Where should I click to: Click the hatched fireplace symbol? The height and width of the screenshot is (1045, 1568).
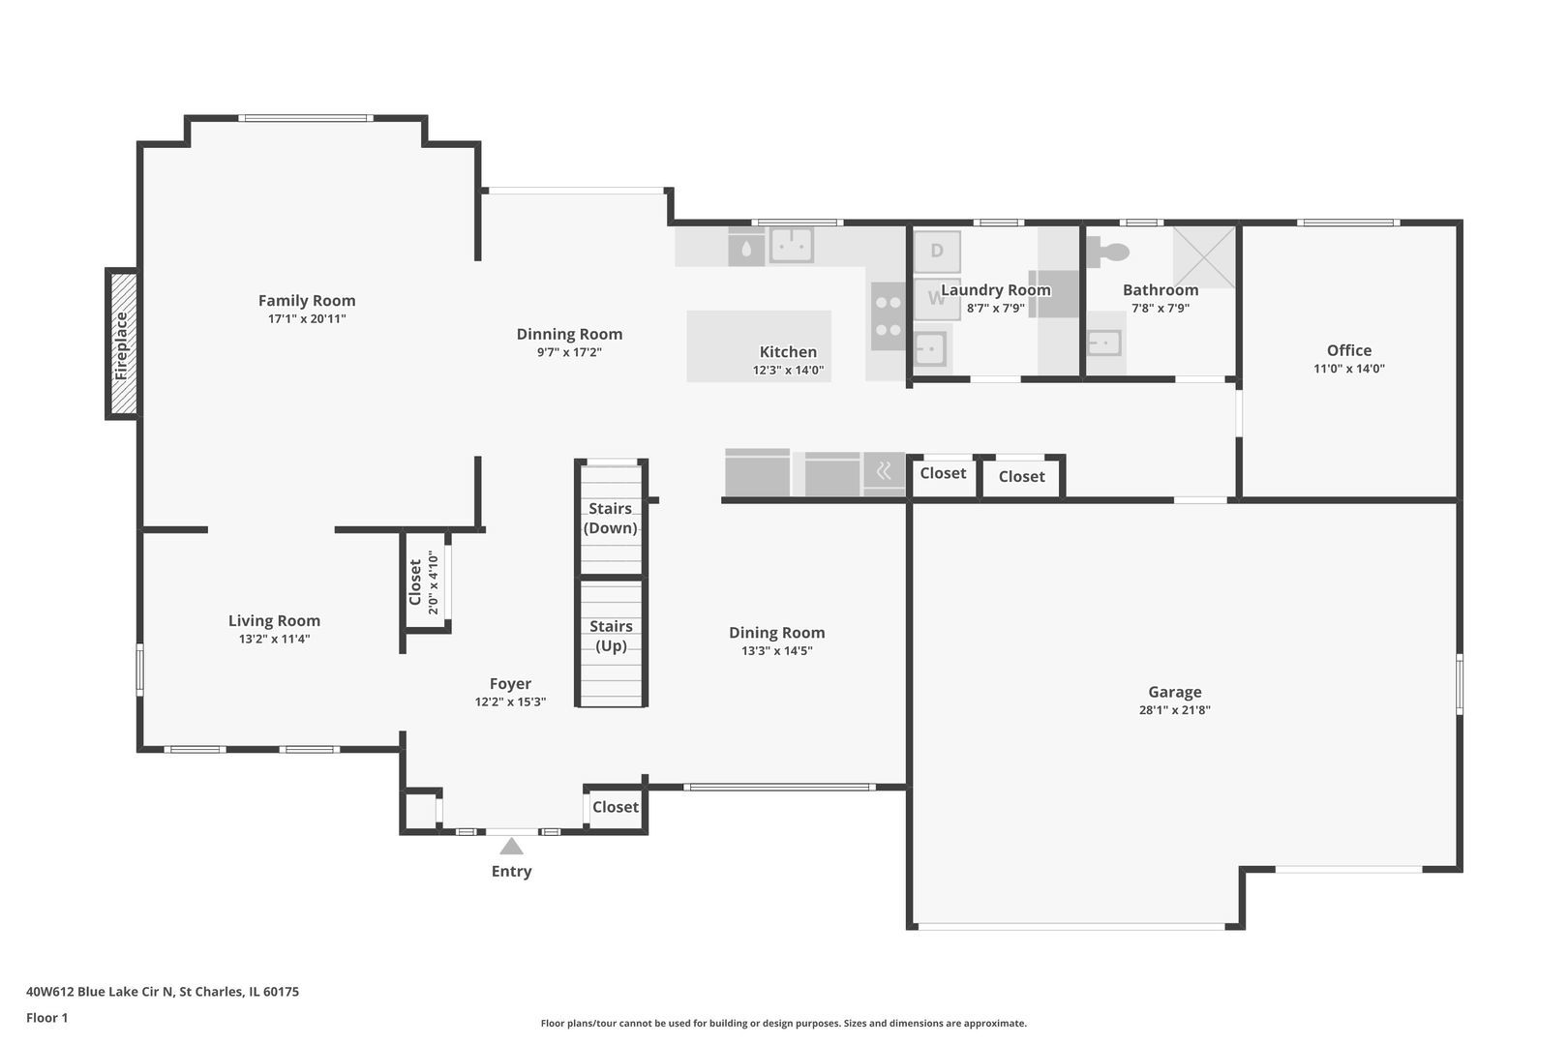click(123, 343)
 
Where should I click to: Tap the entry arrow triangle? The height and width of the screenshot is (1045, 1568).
click(511, 848)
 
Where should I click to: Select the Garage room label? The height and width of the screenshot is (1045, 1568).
click(1174, 692)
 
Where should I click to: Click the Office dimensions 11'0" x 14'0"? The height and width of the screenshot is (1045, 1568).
click(1348, 369)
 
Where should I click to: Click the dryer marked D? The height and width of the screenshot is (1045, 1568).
click(937, 252)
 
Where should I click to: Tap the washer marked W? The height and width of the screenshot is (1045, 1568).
click(935, 298)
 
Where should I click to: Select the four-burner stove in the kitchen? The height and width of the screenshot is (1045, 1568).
click(887, 316)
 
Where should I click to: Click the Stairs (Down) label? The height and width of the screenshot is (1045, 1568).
click(610, 519)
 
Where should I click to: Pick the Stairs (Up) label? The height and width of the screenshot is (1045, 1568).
click(610, 636)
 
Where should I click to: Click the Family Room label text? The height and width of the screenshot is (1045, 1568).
click(307, 301)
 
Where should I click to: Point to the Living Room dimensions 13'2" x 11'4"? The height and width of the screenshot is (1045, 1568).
click(274, 639)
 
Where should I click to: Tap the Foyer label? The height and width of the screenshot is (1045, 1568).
click(510, 684)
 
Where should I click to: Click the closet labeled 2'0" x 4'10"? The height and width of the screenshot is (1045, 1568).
click(424, 582)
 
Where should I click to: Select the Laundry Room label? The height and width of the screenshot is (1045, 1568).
click(995, 290)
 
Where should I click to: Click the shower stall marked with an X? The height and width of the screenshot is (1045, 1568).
click(1204, 256)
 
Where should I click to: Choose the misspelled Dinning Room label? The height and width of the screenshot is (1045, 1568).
click(569, 334)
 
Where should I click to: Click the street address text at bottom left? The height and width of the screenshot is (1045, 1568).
click(163, 992)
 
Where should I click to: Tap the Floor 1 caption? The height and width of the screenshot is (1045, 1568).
click(47, 1018)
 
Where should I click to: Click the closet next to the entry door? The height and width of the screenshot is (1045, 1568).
click(615, 807)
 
